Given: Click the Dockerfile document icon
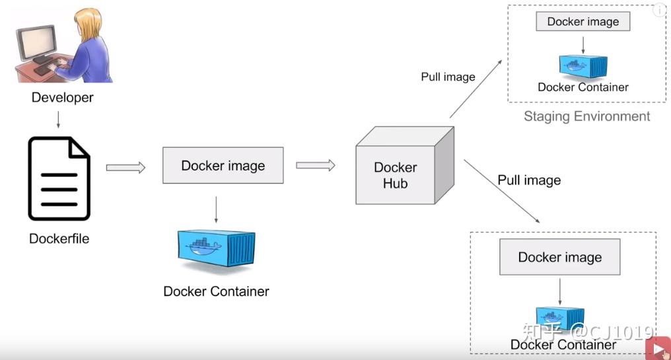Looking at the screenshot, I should point(59,178).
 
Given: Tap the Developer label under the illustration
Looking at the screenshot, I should point(63,98).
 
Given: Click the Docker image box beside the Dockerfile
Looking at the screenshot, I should point(223,165).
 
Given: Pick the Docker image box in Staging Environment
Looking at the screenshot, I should point(583,22).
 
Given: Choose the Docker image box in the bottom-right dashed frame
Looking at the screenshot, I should point(559,257).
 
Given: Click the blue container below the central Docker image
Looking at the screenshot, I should point(217,248).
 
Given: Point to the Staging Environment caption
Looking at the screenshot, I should point(586,117).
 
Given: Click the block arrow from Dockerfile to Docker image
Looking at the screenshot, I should point(125,168).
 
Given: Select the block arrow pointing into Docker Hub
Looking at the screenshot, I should point(315,165).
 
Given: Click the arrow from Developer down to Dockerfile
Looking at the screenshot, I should point(58,119).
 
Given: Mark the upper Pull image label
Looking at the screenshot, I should point(448,77).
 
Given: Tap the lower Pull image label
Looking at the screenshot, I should point(529,180).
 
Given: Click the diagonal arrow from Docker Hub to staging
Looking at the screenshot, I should point(476,89).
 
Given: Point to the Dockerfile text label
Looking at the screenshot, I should point(59,238).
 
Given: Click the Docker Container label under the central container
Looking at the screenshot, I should point(216,291).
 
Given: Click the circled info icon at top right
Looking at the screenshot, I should point(658,11).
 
